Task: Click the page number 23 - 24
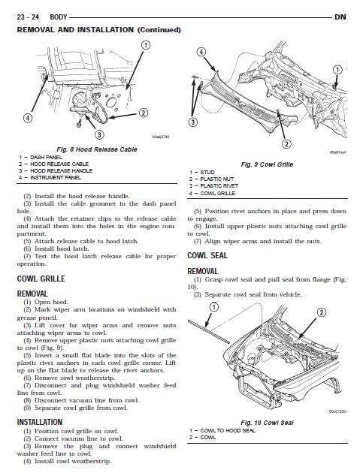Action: click(28, 17)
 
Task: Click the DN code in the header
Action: click(340, 17)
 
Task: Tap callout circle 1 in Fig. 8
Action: click(146, 45)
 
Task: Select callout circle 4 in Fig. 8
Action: click(28, 118)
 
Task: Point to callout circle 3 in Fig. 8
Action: click(100, 134)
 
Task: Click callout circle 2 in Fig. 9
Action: click(286, 143)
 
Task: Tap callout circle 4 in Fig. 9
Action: click(201, 52)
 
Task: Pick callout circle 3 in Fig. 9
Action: click(192, 122)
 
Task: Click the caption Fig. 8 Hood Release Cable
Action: click(97, 149)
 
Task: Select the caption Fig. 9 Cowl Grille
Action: click(267, 164)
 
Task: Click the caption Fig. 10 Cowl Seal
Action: click(267, 423)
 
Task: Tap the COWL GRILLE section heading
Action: click(41, 279)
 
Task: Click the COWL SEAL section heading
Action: click(207, 255)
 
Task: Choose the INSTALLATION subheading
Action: click(40, 422)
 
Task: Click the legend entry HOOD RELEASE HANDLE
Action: click(56, 170)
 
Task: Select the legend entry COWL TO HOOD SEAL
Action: click(222, 430)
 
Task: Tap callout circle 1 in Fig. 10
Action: click(214, 307)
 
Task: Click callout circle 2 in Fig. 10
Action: click(321, 312)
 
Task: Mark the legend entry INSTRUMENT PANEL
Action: click(50, 178)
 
